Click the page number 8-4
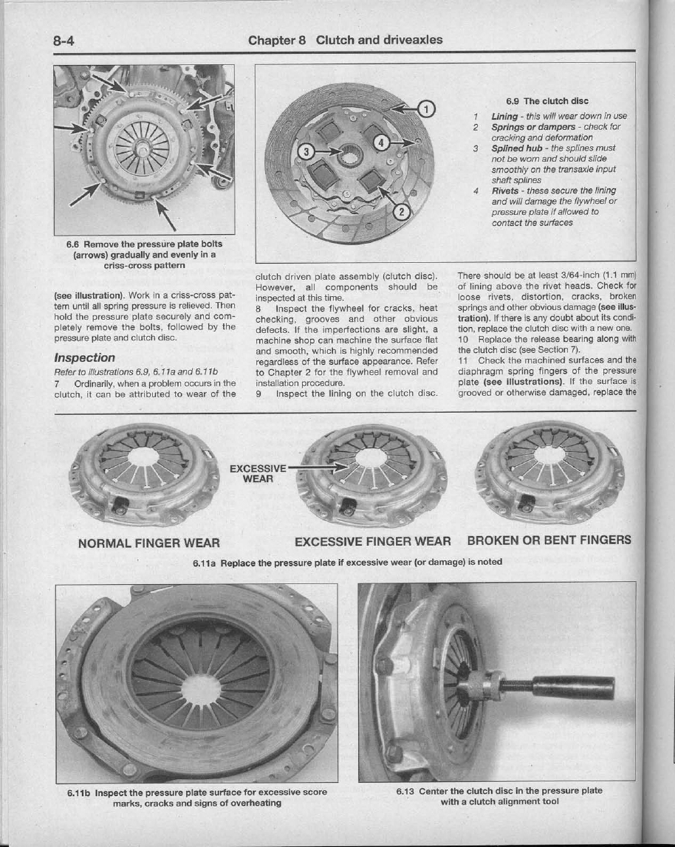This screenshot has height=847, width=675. pos(64,40)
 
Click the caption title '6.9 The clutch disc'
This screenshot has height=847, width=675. pos(546,100)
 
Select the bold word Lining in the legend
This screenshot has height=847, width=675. pos(504,117)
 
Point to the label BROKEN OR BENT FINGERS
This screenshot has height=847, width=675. pos(549,540)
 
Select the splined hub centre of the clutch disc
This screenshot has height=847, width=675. pos(352,157)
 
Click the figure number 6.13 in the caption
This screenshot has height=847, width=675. pos(405,791)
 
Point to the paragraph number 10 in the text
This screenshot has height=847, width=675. pos(464,339)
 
